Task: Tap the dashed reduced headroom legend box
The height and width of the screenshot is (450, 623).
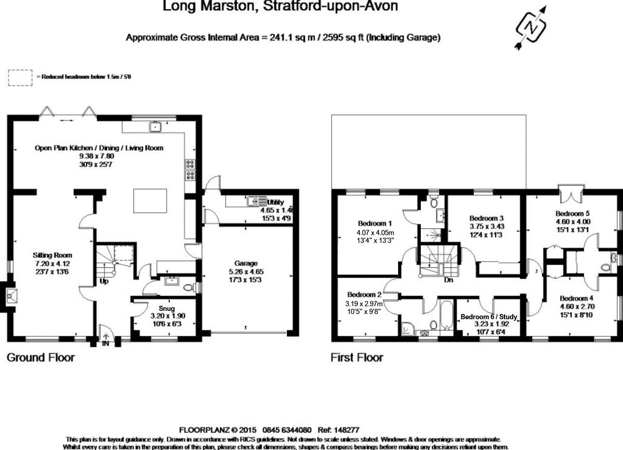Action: pos(20,77)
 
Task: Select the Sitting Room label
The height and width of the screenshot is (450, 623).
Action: pos(52,255)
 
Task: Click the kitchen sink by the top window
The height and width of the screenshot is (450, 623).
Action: pos(155,127)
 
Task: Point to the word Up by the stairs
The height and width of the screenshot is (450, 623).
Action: pos(104,282)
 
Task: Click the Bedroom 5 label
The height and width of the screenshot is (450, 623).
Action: pos(572,213)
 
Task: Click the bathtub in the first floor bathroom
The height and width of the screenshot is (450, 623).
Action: pos(447,314)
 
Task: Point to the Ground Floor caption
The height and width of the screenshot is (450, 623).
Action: pos(40,358)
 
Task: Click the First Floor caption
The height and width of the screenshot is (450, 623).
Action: pos(356,358)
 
